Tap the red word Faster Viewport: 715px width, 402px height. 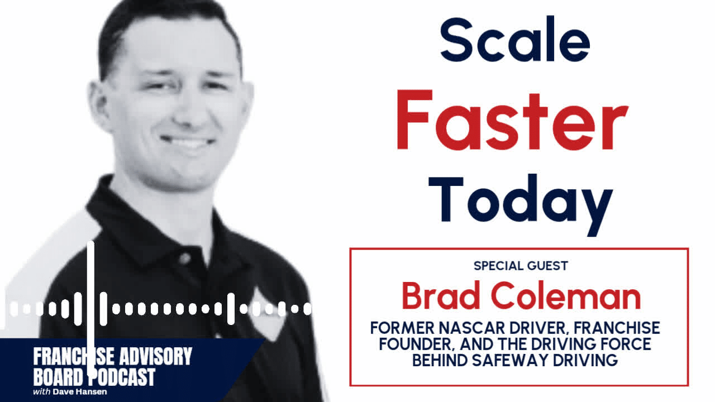(x=512, y=122)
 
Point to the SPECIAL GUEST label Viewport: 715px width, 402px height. (x=521, y=266)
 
